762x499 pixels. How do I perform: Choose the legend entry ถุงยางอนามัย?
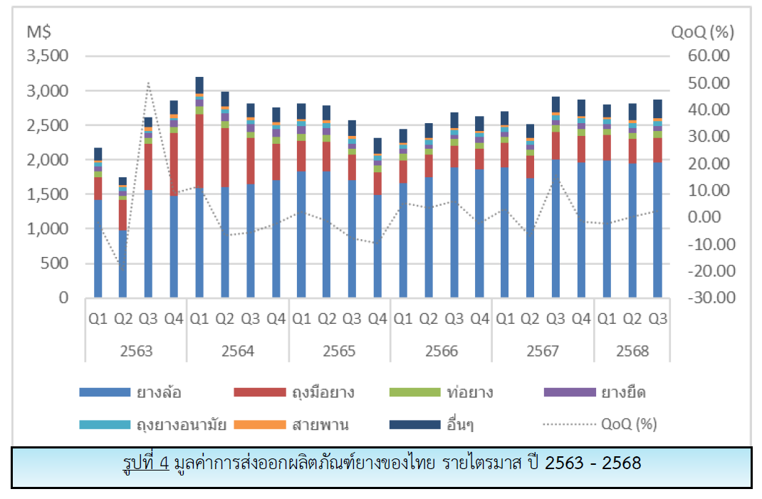pyautogui.click(x=181, y=425)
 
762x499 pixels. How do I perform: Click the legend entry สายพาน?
pyautogui.click(x=320, y=425)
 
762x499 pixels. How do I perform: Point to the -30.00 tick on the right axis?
pyautogui.click(x=708, y=298)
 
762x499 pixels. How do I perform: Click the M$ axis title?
pyautogui.click(x=38, y=31)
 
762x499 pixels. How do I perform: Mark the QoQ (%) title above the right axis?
pyautogui.click(x=702, y=31)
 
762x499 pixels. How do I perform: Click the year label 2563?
pyautogui.click(x=136, y=351)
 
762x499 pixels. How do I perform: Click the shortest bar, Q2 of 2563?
pyautogui.click(x=123, y=242)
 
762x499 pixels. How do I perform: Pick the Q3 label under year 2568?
pyautogui.click(x=658, y=319)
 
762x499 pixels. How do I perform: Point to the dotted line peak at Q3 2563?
pyautogui.click(x=148, y=83)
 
